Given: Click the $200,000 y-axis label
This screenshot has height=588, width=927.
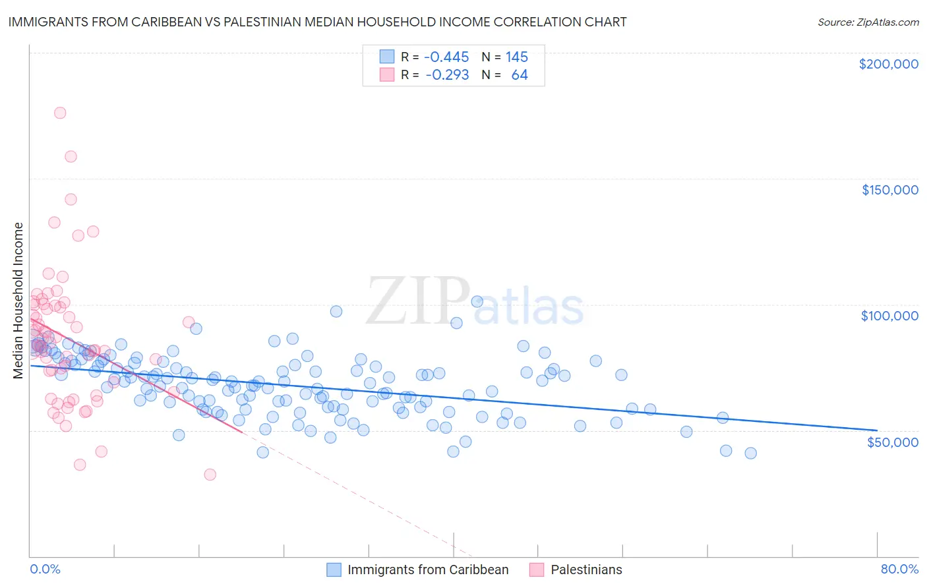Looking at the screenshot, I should click(888, 64).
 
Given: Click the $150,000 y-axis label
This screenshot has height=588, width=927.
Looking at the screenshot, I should click(889, 190).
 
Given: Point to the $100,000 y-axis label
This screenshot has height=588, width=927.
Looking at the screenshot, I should click(889, 316).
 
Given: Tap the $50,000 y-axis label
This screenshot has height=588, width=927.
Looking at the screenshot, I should click(892, 442).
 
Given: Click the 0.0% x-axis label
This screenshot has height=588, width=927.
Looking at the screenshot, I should click(45, 569).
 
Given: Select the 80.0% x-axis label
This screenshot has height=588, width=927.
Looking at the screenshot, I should click(899, 569).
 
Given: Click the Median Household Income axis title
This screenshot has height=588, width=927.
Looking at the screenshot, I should click(18, 301).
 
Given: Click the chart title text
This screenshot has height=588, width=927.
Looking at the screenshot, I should click(317, 22).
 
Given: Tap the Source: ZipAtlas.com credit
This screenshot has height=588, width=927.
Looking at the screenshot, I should click(868, 22).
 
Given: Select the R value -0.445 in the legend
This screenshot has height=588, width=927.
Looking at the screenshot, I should click(446, 57).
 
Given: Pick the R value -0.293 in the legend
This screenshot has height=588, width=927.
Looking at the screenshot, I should click(446, 75).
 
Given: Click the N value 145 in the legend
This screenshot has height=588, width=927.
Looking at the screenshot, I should click(517, 57).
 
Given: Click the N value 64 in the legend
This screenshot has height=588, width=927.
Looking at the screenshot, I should click(520, 75).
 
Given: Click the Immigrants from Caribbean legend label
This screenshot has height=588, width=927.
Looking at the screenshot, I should click(428, 570).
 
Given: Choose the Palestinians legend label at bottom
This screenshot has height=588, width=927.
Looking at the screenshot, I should click(586, 570).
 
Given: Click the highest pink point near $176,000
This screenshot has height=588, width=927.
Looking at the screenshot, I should click(60, 113).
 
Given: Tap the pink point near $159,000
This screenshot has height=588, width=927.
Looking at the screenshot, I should click(71, 156).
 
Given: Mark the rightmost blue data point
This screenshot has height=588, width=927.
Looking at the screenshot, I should click(750, 453).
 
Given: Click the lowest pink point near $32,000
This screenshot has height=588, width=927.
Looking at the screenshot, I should click(210, 474).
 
